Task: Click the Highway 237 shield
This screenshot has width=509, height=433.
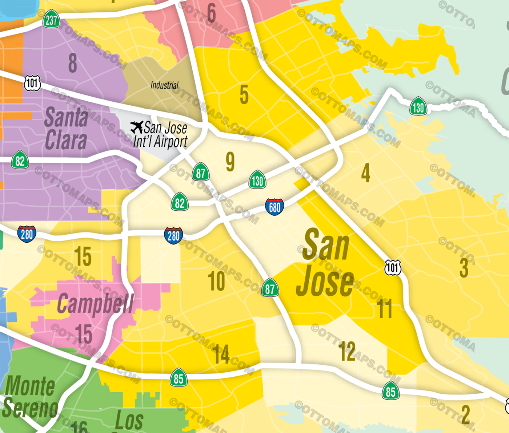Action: point(51,20)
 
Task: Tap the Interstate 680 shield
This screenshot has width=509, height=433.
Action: point(274,207)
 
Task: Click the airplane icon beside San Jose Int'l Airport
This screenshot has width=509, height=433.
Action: point(137,127)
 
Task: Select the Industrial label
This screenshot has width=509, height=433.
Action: point(164,85)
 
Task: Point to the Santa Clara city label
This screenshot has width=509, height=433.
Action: point(66,129)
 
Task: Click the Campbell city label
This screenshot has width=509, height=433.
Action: point(95,304)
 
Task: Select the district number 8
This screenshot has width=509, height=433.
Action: point(73,63)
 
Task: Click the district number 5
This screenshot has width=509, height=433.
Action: point(244,94)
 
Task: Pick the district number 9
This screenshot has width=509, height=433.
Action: point(230,162)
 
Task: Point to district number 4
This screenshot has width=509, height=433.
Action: point(366,173)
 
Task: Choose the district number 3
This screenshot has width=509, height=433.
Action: point(464,268)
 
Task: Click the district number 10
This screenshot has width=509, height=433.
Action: point(216,282)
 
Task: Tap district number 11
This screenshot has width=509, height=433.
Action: point(384,309)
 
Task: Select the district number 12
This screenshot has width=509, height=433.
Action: point(347,351)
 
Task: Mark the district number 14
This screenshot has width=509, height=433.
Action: point(221,355)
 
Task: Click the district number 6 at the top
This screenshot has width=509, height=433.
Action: point(211,13)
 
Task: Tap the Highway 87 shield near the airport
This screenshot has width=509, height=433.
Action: point(201,173)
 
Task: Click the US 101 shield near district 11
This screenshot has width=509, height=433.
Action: point(393,268)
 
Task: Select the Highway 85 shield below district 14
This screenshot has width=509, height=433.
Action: point(179,378)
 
